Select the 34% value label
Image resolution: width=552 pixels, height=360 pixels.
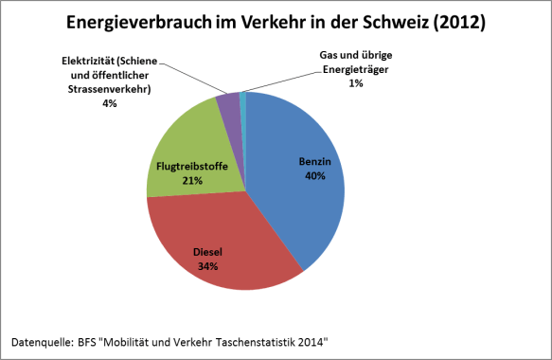point(206,267)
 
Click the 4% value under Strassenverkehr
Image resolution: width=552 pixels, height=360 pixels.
point(110,103)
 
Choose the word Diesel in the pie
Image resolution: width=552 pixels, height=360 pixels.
point(206,254)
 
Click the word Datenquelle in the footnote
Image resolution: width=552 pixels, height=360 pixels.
point(44,339)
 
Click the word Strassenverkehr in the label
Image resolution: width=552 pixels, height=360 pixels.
point(110,90)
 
